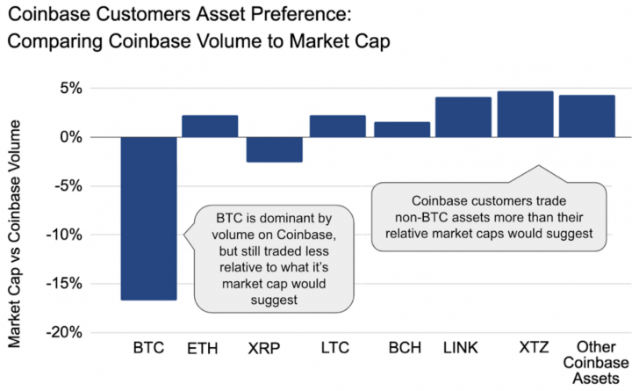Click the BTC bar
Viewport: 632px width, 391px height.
[x=148, y=218]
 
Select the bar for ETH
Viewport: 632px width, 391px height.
[x=210, y=127]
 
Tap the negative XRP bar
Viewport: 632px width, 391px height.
[x=274, y=149]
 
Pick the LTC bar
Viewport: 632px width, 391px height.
[x=337, y=127]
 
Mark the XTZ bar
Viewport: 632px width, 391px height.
[x=525, y=114]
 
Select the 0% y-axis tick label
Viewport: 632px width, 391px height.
[x=70, y=137]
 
